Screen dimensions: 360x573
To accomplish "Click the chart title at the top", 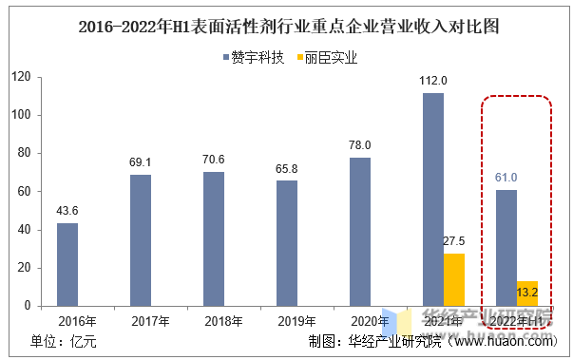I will pyautogui.click(x=286, y=26).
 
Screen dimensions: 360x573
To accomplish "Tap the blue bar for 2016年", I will pyautogui.click(x=67, y=265).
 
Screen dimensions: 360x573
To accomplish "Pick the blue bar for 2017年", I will pyautogui.click(x=141, y=240).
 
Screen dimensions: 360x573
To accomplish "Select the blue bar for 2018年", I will pyautogui.click(x=214, y=239).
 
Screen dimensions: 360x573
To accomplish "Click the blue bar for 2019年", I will pyautogui.click(x=287, y=244).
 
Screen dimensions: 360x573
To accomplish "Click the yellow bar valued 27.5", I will pyautogui.click(x=454, y=280).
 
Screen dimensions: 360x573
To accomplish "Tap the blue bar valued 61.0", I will pyautogui.click(x=506, y=248).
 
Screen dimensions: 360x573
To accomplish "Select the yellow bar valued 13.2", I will pyautogui.click(x=527, y=294).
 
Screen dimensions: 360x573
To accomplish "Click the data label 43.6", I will pyautogui.click(x=67, y=211).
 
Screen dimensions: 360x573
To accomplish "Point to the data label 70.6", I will pyautogui.click(x=214, y=159).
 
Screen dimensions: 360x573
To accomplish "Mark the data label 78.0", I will pyautogui.click(x=360, y=144).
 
